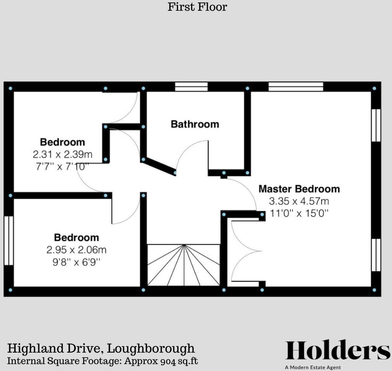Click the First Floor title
[x=197, y=7]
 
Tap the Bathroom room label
[x=195, y=124]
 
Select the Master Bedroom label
[x=299, y=189]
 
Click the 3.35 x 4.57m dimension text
[x=299, y=201]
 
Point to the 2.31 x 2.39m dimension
[x=62, y=155]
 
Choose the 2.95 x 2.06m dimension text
[x=76, y=250]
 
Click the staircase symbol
[x=184, y=265]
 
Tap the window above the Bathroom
[x=191, y=87]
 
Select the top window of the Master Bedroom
[x=296, y=87]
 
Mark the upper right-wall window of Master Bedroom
[x=376, y=125]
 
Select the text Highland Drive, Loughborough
[x=101, y=349]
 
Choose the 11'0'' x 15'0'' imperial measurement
[x=299, y=213]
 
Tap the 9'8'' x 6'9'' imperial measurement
[x=76, y=263]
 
